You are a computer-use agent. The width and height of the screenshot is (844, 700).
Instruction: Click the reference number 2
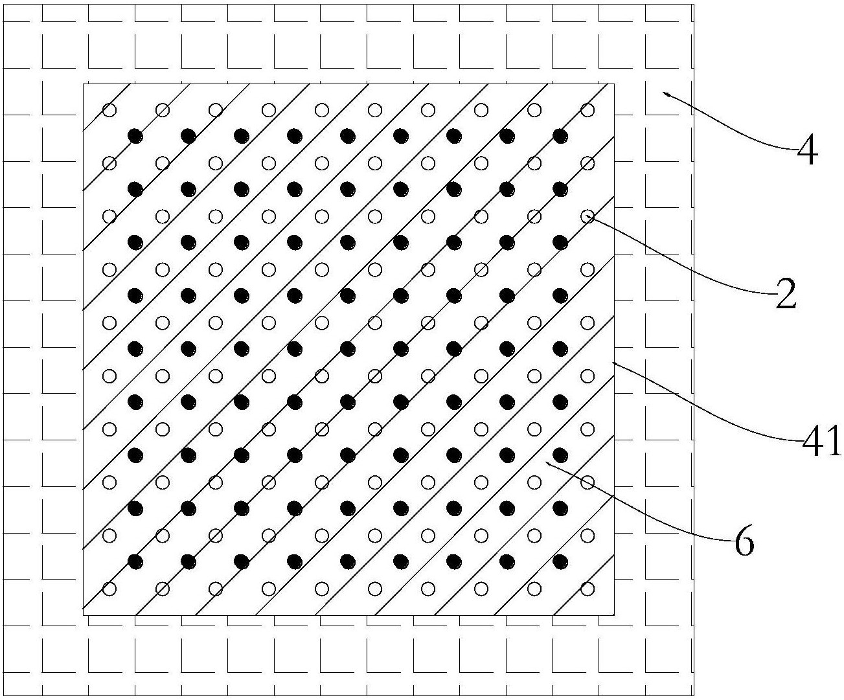pyautogui.click(x=786, y=294)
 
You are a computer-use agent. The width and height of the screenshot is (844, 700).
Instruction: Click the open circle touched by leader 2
pyautogui.click(x=587, y=217)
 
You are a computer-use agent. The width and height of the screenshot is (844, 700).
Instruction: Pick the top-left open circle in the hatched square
pyautogui.click(x=109, y=110)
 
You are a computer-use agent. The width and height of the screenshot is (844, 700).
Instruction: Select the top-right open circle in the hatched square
pyautogui.click(x=587, y=110)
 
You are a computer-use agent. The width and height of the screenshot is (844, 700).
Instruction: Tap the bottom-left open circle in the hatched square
pyautogui.click(x=109, y=589)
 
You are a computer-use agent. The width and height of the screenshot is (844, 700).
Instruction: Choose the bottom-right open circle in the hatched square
pyautogui.click(x=587, y=589)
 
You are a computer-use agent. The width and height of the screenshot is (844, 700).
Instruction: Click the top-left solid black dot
pyautogui.click(x=135, y=136)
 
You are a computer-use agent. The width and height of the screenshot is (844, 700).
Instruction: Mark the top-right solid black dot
pyautogui.click(x=560, y=136)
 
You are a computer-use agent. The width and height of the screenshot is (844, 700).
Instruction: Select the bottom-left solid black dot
pyautogui.click(x=135, y=561)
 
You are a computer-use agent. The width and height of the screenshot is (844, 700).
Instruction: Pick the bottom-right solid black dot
pyautogui.click(x=560, y=561)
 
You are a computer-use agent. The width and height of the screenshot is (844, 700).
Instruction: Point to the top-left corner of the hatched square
pyautogui.click(x=84, y=84)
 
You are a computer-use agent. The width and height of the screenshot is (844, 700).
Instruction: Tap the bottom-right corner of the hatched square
pyautogui.click(x=614, y=615)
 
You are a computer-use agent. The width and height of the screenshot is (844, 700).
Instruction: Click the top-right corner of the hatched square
pyautogui.click(x=614, y=84)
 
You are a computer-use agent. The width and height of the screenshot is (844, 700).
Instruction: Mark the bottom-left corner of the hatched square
pyautogui.click(x=84, y=615)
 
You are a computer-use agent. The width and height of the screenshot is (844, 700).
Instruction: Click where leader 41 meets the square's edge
pyautogui.click(x=614, y=363)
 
